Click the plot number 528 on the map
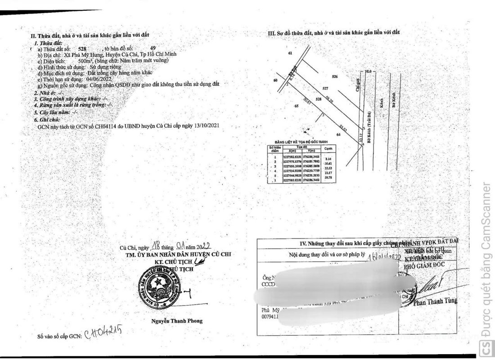(x=318, y=99)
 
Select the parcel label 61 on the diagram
(x=290, y=54)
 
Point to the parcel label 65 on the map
(x=297, y=106)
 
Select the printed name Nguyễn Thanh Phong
(x=176, y=321)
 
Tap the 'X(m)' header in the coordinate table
(x=292, y=150)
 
